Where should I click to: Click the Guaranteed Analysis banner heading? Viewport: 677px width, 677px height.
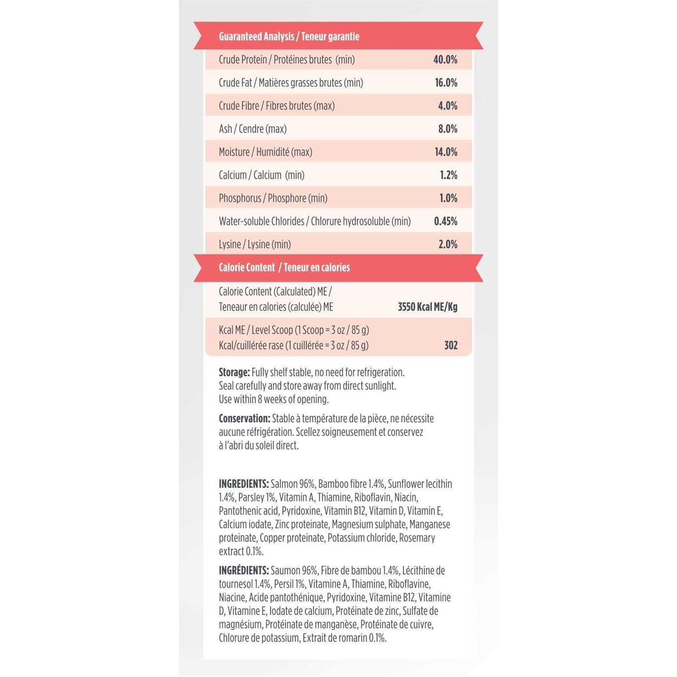289,37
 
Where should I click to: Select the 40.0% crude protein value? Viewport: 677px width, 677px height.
445,60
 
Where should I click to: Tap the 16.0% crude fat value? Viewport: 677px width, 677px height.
446,83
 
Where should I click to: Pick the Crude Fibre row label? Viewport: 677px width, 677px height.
277,106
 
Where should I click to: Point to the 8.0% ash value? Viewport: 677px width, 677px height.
447,129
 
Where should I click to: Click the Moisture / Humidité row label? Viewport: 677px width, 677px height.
265,152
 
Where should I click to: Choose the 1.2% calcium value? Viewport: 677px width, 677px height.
448,175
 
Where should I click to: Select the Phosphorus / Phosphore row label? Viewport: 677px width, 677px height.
273,198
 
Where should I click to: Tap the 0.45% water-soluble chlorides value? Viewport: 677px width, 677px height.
445,221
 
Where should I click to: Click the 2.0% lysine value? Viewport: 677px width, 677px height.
448,244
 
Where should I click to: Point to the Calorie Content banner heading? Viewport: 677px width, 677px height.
284,267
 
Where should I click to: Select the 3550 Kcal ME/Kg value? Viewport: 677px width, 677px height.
427,307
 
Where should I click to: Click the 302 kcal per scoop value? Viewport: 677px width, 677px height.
450,345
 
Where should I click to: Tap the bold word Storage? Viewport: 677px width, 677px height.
234,372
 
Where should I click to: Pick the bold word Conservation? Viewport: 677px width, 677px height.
244,418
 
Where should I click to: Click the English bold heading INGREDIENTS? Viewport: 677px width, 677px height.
244,484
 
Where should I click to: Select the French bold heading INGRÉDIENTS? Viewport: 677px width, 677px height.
244,570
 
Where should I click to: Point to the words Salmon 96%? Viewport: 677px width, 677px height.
292,484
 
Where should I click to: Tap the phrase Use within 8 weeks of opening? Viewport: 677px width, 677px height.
274,399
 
